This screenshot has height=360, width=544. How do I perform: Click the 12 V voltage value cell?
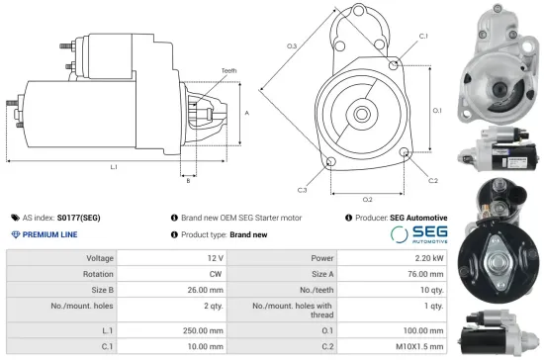pyautogui.click(x=217, y=257)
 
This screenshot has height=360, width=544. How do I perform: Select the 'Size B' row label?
pyautogui.click(x=100, y=291)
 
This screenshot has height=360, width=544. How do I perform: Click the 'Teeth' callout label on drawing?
pyautogui.click(x=228, y=71)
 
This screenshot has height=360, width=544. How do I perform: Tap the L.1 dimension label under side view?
pyautogui.click(x=114, y=167)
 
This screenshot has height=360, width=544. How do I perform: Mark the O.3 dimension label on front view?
pyautogui.click(x=292, y=46)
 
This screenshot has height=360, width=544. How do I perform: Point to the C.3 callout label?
pyautogui.click(x=301, y=189)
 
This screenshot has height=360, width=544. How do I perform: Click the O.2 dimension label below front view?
pyautogui.click(x=367, y=200)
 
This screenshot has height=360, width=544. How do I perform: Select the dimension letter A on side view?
pyautogui.click(x=244, y=113)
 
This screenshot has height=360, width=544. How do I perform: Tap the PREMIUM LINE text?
pyautogui.click(x=49, y=234)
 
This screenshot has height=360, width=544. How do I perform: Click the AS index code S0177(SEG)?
pyautogui.click(x=78, y=217)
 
